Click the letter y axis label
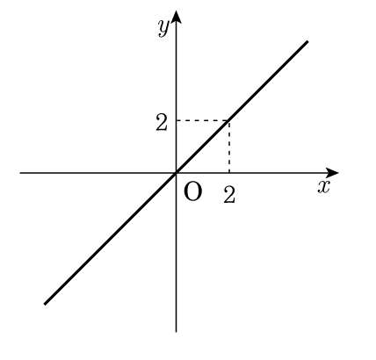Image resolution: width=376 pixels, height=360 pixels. tap(163, 28)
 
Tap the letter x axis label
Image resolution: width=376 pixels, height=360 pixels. tap(324, 187)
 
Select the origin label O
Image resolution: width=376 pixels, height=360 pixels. tap(192, 191)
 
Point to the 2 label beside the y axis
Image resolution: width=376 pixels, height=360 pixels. tap(162, 122)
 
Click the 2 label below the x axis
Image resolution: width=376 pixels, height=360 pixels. tap(229, 195)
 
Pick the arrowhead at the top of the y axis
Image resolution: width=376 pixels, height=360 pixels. tap(176, 17)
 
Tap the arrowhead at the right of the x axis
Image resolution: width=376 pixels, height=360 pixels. tap(332, 173)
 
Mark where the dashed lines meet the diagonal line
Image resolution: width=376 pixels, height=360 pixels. tap(229, 120)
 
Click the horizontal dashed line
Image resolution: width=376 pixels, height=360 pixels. tap(203, 120)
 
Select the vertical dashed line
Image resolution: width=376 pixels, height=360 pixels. tap(229, 147)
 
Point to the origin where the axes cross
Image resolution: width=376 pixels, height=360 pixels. tap(176, 173)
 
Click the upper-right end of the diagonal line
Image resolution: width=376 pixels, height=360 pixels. tap(307, 41)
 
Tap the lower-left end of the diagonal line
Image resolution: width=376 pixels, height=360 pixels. tap(45, 304)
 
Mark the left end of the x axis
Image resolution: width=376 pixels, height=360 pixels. tap(20, 173)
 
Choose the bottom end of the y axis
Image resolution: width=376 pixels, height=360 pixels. tap(176, 332)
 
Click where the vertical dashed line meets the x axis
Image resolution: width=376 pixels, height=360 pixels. tap(229, 173)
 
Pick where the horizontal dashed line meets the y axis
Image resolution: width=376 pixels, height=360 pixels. tap(176, 120)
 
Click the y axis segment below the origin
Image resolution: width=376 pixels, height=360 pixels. tap(176, 252)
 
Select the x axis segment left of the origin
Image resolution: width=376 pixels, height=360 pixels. tap(98, 173)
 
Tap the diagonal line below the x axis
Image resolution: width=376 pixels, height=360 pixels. tap(110, 239)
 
